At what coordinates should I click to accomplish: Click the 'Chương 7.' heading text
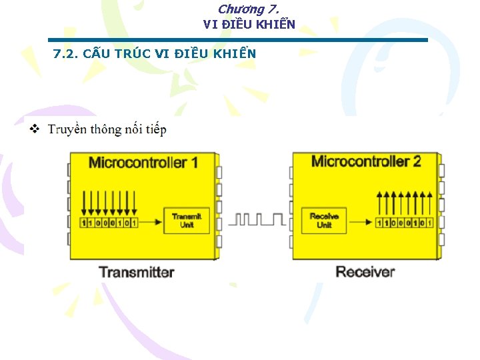pyautogui.click(x=248, y=9)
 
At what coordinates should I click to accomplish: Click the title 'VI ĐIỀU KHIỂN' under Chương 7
pyautogui.click(x=249, y=25)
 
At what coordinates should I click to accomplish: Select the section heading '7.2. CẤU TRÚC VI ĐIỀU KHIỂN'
pyautogui.click(x=154, y=53)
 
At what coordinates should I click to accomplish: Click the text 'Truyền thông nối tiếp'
pyautogui.click(x=107, y=129)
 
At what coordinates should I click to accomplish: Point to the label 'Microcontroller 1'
pyautogui.click(x=143, y=163)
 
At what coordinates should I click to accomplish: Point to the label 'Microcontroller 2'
pyautogui.click(x=365, y=161)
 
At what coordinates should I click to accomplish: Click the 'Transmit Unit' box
pyautogui.click(x=187, y=220)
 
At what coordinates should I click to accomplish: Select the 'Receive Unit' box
pyautogui.click(x=324, y=220)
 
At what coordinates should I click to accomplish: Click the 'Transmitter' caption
pyautogui.click(x=136, y=272)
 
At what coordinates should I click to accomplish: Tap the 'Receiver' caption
pyautogui.click(x=365, y=272)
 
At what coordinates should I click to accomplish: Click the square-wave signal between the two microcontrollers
pyautogui.click(x=257, y=219)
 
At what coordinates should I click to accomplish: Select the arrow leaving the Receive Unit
pyautogui.click(x=359, y=223)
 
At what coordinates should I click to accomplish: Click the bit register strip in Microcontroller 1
pyautogui.click(x=109, y=223)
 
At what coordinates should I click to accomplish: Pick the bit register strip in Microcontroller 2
pyautogui.click(x=404, y=223)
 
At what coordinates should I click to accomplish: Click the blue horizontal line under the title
pyautogui.click(x=237, y=40)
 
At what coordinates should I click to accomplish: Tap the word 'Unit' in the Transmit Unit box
pyautogui.click(x=187, y=225)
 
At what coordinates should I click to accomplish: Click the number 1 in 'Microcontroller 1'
pyautogui.click(x=194, y=163)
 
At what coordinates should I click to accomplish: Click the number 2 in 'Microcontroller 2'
pyautogui.click(x=417, y=161)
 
